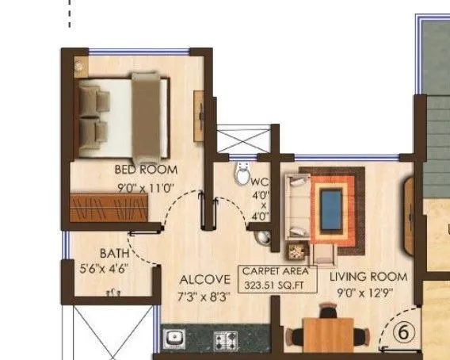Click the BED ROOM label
pyautogui.click(x=147, y=170)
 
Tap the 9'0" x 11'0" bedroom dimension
pyautogui.click(x=145, y=188)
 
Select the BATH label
pyautogui.click(x=115, y=253)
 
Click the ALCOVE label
pyautogui.click(x=204, y=279)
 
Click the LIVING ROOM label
pyautogui.click(x=368, y=277)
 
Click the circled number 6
pyautogui.click(x=402, y=333)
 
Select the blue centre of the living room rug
pyautogui.click(x=332, y=204)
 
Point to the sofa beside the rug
pyautogui.click(x=297, y=206)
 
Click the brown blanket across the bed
pyautogui.click(x=147, y=114)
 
